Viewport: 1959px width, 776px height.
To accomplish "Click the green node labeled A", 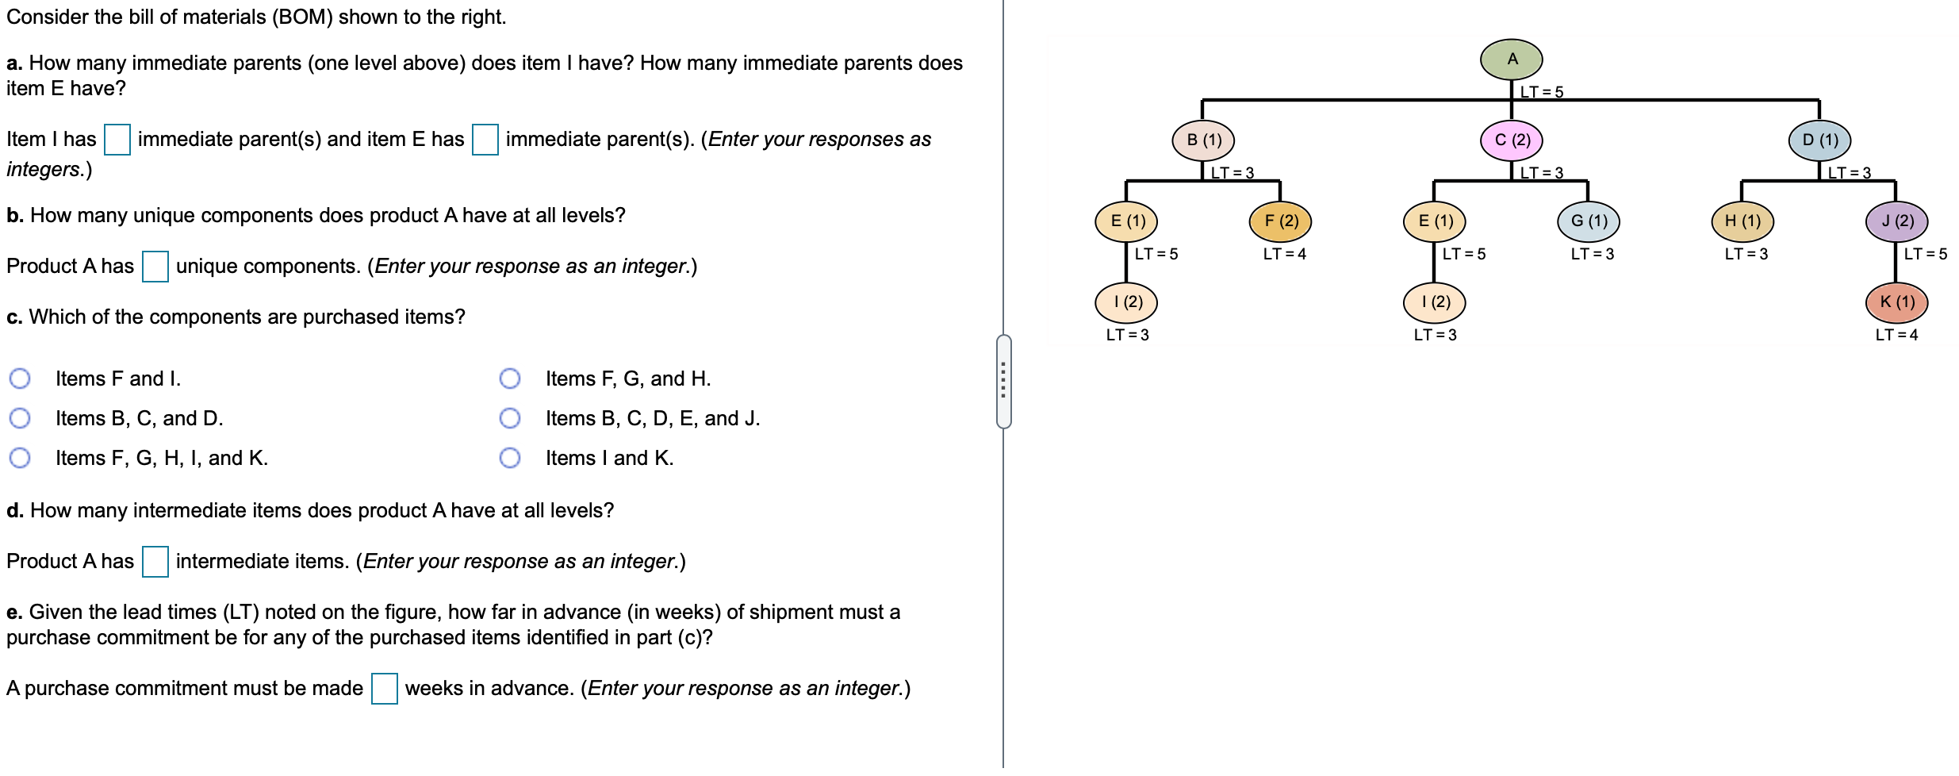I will (1511, 60).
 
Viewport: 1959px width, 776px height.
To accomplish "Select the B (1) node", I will (1203, 140).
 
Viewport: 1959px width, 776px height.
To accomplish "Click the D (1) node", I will (1819, 140).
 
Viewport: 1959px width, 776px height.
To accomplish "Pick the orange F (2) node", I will (1280, 221).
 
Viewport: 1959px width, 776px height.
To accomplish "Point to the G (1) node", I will (1589, 221).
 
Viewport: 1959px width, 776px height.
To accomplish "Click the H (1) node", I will (1742, 221).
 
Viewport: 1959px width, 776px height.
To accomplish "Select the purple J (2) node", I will (1896, 221).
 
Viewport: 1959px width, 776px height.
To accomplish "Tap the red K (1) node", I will (1896, 302).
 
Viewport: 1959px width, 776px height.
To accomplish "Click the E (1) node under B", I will (1126, 221).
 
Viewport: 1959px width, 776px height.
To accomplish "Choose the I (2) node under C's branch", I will (1434, 302).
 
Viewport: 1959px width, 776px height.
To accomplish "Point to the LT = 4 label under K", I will (1896, 335).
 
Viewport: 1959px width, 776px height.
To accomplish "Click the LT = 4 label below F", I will (1284, 254).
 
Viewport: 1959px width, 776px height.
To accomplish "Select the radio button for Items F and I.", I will (20, 378).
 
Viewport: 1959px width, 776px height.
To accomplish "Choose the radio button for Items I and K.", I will (510, 458).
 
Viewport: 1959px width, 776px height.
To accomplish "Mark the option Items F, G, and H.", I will (510, 378).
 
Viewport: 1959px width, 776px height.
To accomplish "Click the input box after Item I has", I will (117, 140).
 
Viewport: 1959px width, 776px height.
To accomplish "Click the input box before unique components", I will (155, 267).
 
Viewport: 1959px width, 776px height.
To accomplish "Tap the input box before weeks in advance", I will (385, 689).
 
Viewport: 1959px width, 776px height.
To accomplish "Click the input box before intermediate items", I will (155, 562).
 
